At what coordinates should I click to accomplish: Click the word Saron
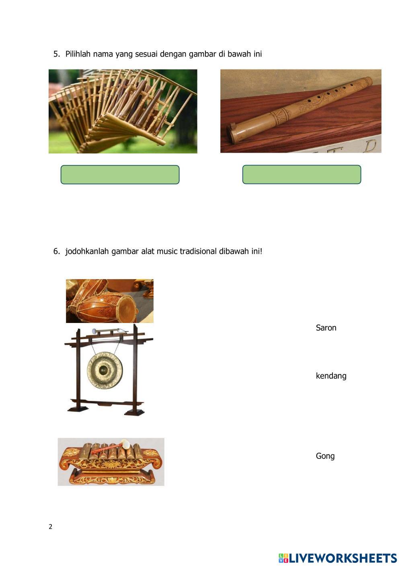326,328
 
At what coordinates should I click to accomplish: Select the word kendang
331,376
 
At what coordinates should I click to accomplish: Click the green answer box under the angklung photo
120,174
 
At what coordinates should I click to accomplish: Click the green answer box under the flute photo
302,174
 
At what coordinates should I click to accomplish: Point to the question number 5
57,54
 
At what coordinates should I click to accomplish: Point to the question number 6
57,251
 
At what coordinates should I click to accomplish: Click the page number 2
50,527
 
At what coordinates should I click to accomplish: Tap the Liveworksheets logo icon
283,558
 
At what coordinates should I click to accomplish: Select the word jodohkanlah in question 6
87,251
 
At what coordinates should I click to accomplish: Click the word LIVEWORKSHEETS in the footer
343,558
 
